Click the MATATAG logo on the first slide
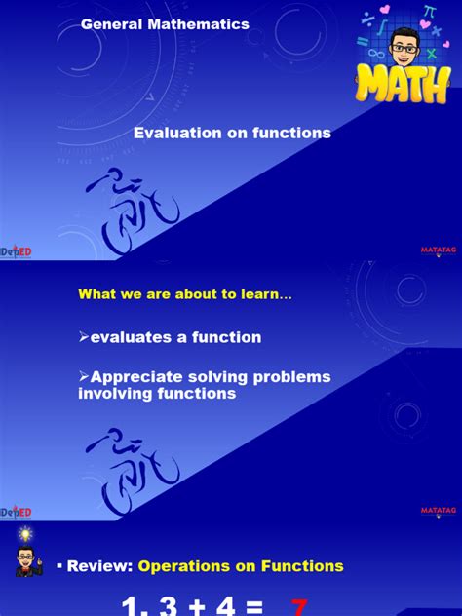[x=438, y=250]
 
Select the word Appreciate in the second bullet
[x=135, y=376]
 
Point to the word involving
[x=110, y=394]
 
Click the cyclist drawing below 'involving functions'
[x=133, y=457]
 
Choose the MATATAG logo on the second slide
[x=438, y=510]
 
